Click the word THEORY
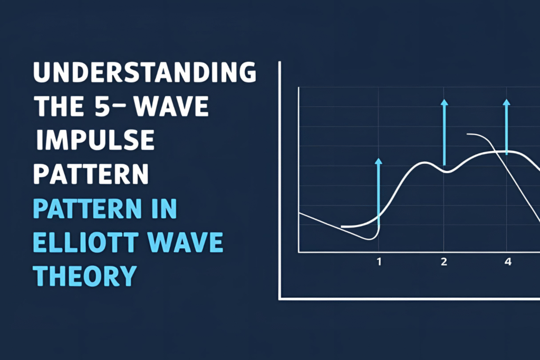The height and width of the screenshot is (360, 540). tap(85, 275)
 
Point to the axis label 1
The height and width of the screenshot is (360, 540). tap(379, 261)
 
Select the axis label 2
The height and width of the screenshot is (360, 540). tap(444, 261)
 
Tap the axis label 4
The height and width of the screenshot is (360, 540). tap(508, 261)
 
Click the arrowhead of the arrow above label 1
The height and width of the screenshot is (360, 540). tap(378, 160)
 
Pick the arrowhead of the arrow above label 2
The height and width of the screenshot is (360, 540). tap(444, 102)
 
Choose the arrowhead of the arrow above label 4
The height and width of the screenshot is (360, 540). tap(507, 102)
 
